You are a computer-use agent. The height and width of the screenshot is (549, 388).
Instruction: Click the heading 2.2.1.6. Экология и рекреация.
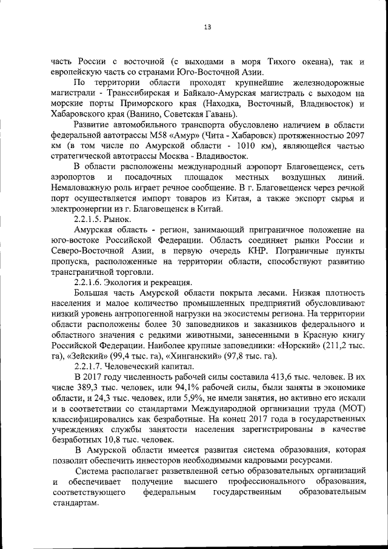133,282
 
